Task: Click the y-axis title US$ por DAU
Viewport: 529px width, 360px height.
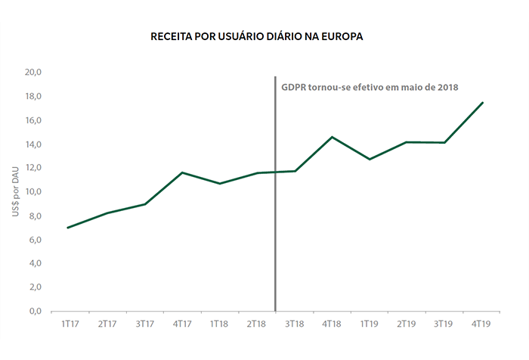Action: click(17, 191)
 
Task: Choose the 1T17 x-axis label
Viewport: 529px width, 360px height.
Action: click(69, 324)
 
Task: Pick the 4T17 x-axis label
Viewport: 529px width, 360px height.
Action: click(181, 324)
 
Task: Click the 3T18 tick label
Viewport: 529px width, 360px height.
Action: click(294, 324)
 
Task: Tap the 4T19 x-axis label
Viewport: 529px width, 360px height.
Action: click(482, 324)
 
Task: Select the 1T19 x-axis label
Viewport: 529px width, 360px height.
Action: click(369, 324)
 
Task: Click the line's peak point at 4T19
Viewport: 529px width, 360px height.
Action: click(482, 102)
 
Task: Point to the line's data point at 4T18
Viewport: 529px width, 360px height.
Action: click(332, 137)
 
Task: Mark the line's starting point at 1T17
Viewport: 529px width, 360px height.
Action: click(69, 228)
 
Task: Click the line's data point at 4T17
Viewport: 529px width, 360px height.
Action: click(181, 172)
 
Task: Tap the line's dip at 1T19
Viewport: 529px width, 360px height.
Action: click(369, 159)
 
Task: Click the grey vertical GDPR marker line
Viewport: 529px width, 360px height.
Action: click(275, 227)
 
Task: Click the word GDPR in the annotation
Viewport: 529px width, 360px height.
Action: click(294, 87)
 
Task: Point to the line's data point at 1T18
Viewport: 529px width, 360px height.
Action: click(219, 183)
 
